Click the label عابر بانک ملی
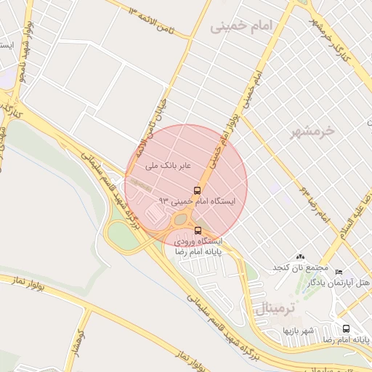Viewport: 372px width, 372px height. point(168,166)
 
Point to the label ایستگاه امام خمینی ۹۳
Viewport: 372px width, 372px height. point(197,201)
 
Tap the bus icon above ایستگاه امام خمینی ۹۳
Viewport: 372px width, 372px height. point(198,190)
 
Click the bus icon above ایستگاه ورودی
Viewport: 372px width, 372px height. point(198,230)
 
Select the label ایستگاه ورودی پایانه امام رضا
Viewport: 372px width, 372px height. point(197,246)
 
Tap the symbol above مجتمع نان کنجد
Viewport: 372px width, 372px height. point(301,258)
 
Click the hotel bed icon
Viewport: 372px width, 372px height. point(339,272)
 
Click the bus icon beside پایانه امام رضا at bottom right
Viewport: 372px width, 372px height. point(345,328)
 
